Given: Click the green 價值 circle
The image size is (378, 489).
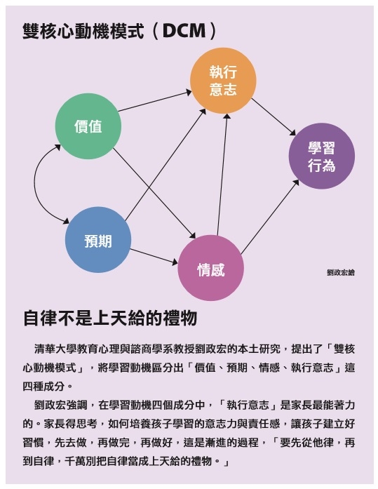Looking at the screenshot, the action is [x=88, y=126].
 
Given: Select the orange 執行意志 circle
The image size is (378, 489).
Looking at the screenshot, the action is [x=223, y=81].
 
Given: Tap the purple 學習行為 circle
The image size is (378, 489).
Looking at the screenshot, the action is [x=322, y=156].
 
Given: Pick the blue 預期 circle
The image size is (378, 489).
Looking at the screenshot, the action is [x=98, y=240].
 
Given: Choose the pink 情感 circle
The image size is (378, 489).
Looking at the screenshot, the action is [x=210, y=268].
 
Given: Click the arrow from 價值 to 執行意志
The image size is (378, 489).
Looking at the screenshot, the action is [x=155, y=101].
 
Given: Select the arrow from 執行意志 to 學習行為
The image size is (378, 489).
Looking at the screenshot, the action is [x=274, y=117].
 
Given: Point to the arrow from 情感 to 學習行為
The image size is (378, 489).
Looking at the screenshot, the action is [x=270, y=217].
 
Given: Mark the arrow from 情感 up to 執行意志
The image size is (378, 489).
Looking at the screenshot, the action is [x=222, y=174].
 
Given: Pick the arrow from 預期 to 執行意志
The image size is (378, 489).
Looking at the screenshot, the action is [x=166, y=165].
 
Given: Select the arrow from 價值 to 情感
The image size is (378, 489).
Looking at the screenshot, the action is [x=154, y=194].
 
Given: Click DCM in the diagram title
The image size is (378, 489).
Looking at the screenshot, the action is [x=184, y=31].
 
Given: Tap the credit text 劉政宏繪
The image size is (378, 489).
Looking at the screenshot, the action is [x=341, y=273].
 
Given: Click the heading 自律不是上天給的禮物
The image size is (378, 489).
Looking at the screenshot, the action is [x=110, y=318].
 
